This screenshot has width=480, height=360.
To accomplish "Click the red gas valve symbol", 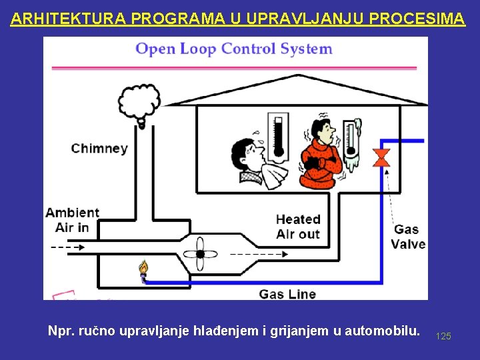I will coord(382,159).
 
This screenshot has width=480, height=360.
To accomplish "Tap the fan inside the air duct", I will coord(199,254).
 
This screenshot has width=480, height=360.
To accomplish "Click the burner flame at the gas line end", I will coord(143,269).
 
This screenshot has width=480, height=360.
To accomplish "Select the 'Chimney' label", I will coord(99,148).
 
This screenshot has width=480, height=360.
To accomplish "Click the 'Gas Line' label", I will coord(287,293).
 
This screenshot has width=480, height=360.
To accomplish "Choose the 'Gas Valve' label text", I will coord(408,237).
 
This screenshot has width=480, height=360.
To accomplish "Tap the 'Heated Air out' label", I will coord(298,227).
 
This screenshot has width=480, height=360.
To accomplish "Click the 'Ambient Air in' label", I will coord(72,220).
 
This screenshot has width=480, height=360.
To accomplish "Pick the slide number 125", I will coord(443,336).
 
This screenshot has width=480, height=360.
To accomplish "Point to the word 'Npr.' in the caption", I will coord(61,331).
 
